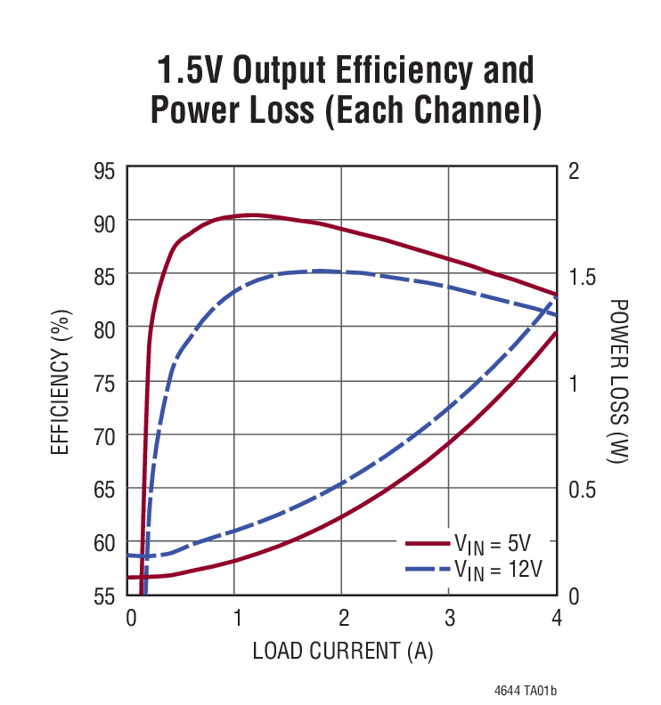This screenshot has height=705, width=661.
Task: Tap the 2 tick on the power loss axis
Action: pyautogui.click(x=574, y=170)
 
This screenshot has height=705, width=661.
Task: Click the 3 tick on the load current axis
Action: pyautogui.click(x=449, y=617)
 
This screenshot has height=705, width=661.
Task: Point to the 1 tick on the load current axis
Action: pyautogui.click(x=236, y=617)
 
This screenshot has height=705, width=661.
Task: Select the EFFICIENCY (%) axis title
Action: pyautogui.click(x=60, y=383)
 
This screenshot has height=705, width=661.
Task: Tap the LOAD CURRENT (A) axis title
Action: pyautogui.click(x=342, y=651)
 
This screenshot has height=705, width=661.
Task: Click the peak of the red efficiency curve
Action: pyautogui.click(x=254, y=215)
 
